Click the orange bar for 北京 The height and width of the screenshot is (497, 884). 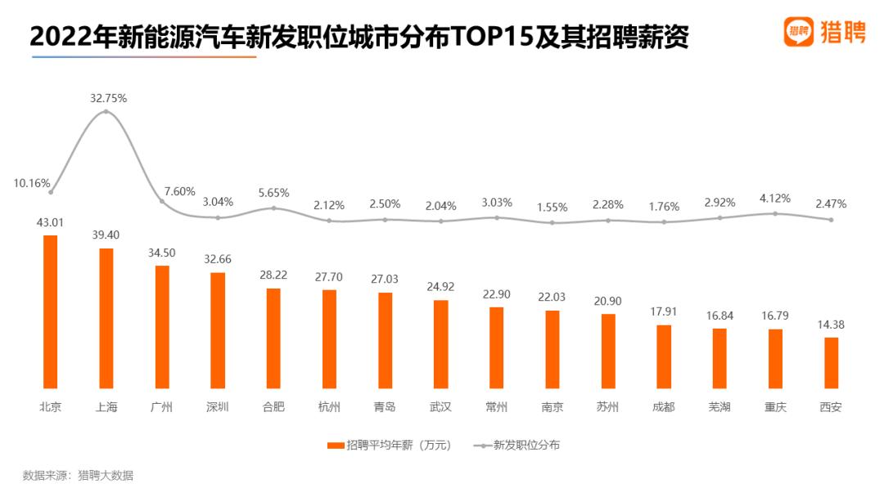tap(50, 311)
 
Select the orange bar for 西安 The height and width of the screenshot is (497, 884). tap(831, 363)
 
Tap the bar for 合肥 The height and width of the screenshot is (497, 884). tap(273, 338)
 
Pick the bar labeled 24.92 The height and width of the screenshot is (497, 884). tap(441, 344)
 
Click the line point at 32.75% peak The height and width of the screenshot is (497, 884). tap(106, 111)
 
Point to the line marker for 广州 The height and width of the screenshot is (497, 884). tap(162, 201)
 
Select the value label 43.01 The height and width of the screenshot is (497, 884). tap(50, 223)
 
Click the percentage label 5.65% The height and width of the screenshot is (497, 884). tap(274, 193)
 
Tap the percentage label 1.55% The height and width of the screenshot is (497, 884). tap(552, 207)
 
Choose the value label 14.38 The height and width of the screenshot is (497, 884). tap(831, 325)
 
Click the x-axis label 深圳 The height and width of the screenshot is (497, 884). tap(218, 406)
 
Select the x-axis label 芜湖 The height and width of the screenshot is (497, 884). tap(719, 406)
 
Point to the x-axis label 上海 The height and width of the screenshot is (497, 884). tap(106, 406)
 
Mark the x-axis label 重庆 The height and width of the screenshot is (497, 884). tap(775, 406)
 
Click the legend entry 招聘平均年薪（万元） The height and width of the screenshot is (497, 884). tap(390, 446)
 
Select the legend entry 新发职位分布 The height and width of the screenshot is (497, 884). tap(517, 446)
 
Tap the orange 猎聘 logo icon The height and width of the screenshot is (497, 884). tap(799, 32)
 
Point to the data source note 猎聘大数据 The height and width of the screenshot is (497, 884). tap(106, 476)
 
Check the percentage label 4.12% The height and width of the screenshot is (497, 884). tap(775, 198)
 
